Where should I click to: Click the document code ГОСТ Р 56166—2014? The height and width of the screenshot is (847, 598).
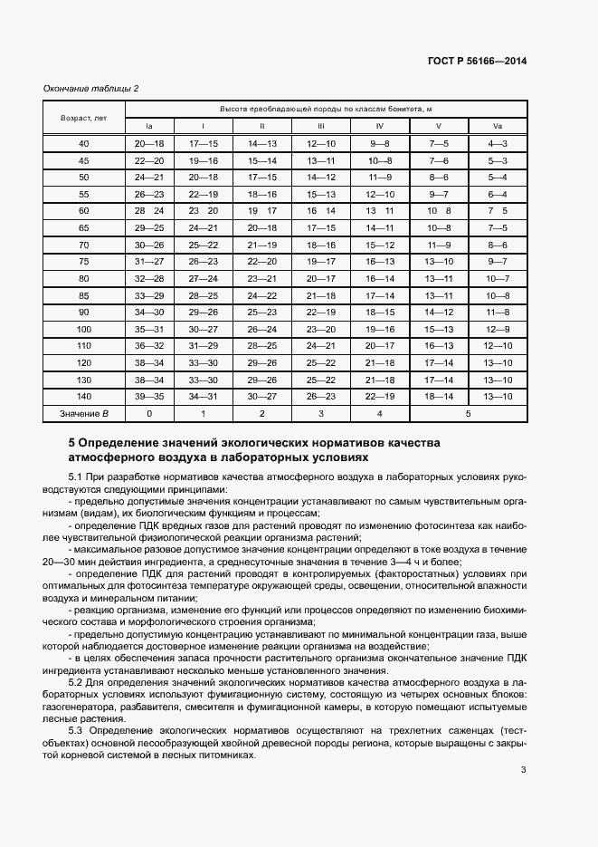tap(477, 61)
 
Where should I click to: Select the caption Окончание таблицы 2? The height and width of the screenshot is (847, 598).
tap(91, 88)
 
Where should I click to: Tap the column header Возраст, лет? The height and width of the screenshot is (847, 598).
tap(84, 118)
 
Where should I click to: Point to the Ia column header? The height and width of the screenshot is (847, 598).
tap(150, 126)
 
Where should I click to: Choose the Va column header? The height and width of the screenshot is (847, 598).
tap(498, 126)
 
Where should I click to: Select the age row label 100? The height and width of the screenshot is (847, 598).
tap(84, 329)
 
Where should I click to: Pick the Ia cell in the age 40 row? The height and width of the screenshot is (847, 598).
tap(150, 143)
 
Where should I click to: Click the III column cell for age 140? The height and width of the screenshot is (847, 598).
tap(320, 397)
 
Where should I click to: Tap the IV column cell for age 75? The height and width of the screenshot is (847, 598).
tap(380, 261)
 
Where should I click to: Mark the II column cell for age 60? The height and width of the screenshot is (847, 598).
tap(262, 210)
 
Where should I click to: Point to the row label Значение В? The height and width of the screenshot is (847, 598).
tap(84, 414)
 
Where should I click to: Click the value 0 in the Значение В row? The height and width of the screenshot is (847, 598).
tap(150, 414)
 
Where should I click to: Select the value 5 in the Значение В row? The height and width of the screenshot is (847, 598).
tap(468, 414)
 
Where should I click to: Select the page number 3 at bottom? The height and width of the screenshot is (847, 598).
tap(524, 770)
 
